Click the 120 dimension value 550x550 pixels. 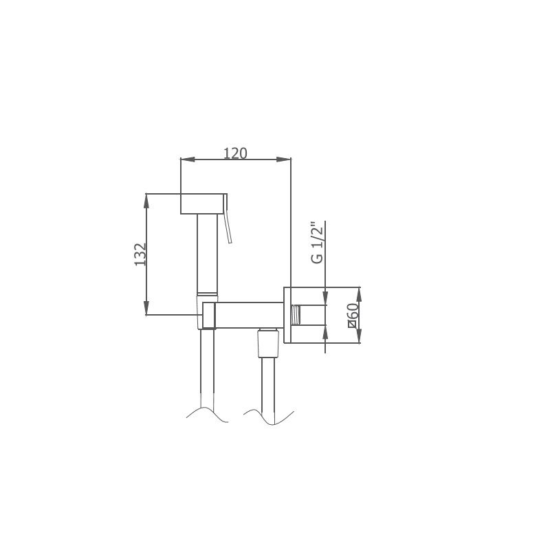click(x=235, y=153)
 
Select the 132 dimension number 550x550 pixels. click(x=140, y=254)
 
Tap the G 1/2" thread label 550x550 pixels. click(x=317, y=243)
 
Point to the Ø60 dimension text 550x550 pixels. click(x=353, y=316)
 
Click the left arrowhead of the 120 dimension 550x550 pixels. click(x=187, y=159)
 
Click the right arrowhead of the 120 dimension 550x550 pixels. click(x=284, y=159)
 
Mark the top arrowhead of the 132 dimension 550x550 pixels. click(x=146, y=201)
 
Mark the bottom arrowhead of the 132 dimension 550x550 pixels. click(x=146, y=308)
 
